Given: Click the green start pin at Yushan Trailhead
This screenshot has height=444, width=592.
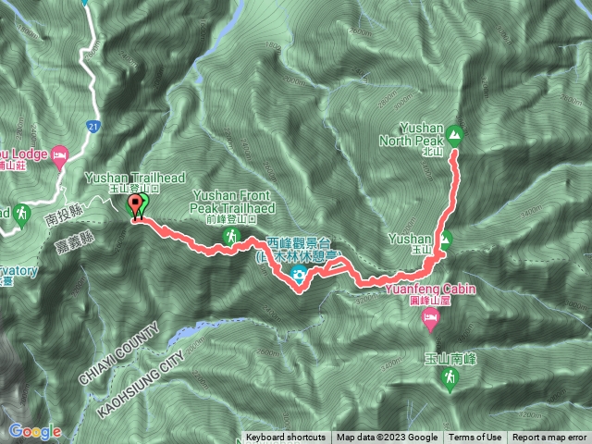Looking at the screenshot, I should pyautogui.click(x=137, y=205).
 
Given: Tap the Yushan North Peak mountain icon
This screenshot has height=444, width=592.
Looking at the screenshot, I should pyautogui.click(x=454, y=134).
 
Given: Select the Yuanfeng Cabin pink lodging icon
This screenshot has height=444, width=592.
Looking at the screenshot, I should pyautogui.click(x=430, y=320).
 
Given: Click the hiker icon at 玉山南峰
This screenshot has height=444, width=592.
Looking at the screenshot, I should pyautogui.click(x=449, y=377).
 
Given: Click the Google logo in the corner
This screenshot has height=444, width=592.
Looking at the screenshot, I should pyautogui.click(x=35, y=431).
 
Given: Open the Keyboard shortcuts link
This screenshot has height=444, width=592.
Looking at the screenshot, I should pyautogui.click(x=285, y=438).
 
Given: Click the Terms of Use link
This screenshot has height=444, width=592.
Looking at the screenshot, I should pyautogui.click(x=475, y=438).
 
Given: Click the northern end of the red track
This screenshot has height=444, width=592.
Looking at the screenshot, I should pyautogui.click(x=453, y=154).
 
